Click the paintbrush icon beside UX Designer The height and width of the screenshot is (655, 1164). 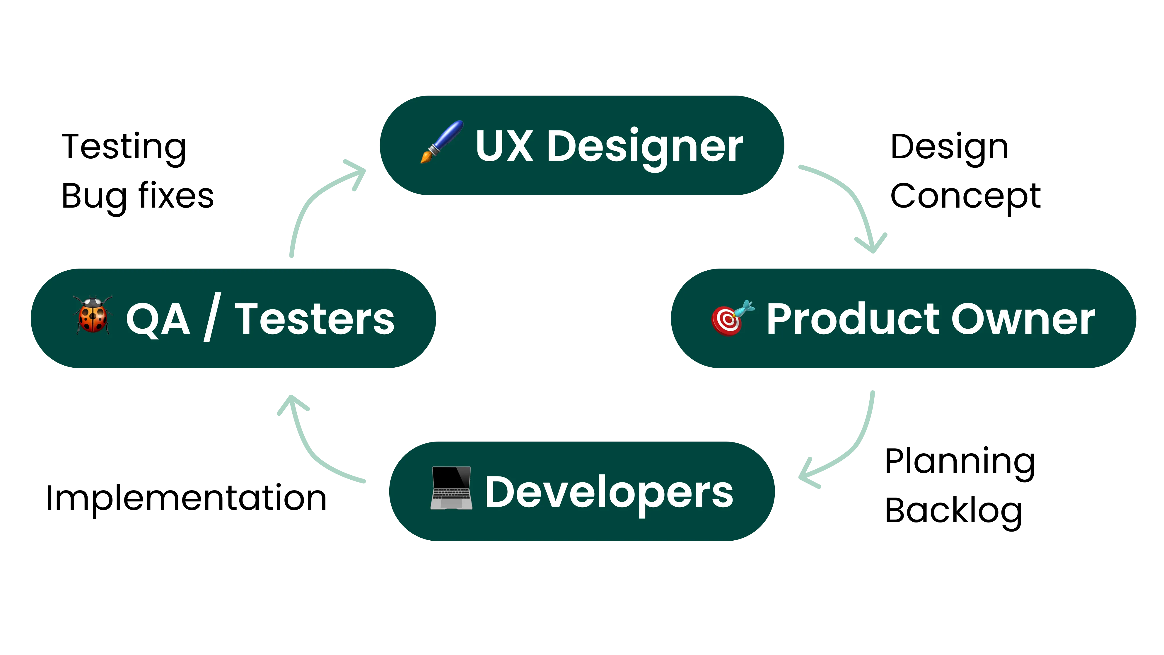(441, 141)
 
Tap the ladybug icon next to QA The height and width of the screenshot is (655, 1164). (93, 315)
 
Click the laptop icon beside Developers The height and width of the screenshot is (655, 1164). (451, 488)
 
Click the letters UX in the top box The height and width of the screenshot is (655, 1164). (504, 146)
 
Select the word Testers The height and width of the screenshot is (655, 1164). (315, 319)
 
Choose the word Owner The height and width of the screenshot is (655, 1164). (1023, 319)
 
